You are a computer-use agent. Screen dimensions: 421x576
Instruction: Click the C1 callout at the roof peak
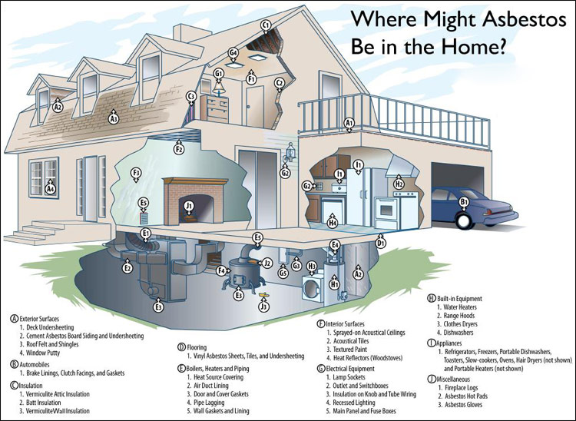pos(266,25)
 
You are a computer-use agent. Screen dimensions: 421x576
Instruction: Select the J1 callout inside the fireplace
pos(189,206)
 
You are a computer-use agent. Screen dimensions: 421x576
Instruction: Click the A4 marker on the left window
pos(51,188)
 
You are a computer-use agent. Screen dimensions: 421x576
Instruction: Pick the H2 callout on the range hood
pos(399,184)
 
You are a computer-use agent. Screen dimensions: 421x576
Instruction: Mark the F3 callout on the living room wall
pos(136,173)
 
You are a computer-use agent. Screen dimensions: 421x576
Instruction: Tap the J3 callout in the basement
pos(263,307)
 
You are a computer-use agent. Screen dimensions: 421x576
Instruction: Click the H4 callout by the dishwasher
pos(333,224)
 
